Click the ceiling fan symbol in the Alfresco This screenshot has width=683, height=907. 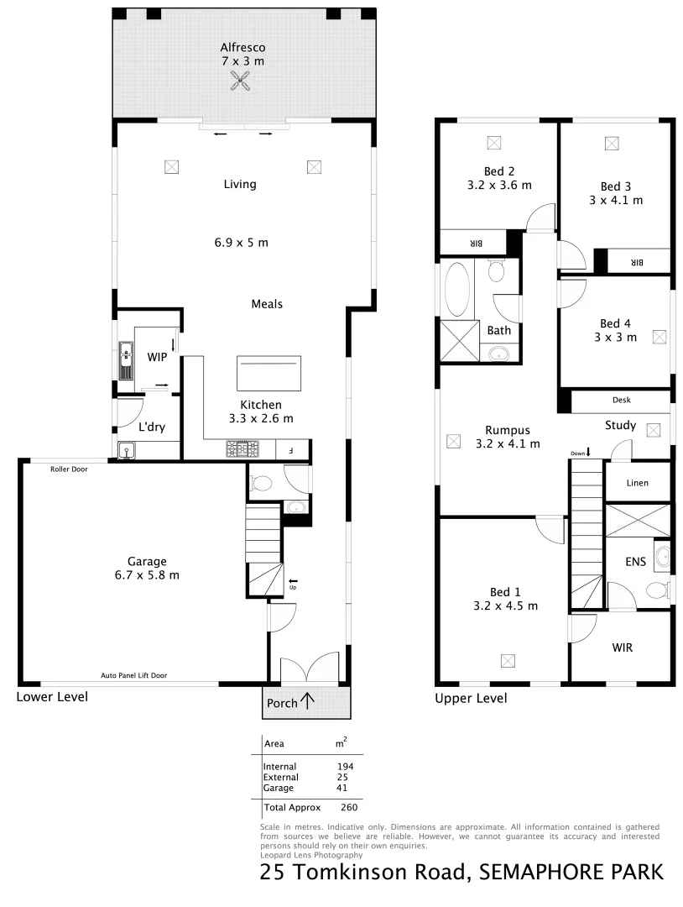[x=241, y=80]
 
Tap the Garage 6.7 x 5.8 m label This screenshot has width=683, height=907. [x=147, y=569]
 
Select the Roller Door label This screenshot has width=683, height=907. [x=69, y=469]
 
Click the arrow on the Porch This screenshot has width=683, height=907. [x=308, y=700]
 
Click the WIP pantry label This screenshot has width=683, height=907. [x=157, y=357]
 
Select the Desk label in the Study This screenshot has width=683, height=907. [x=622, y=401]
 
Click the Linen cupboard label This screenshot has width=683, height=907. [x=638, y=484]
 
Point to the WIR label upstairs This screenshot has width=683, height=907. [x=623, y=647]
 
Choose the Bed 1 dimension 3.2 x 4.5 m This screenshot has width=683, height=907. [x=505, y=605]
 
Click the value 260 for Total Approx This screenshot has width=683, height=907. [x=349, y=808]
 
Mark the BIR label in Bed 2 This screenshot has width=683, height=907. [x=476, y=244]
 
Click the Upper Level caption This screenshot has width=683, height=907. [x=471, y=698]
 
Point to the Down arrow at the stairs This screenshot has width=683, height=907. [x=588, y=453]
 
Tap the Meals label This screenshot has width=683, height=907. [x=267, y=304]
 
